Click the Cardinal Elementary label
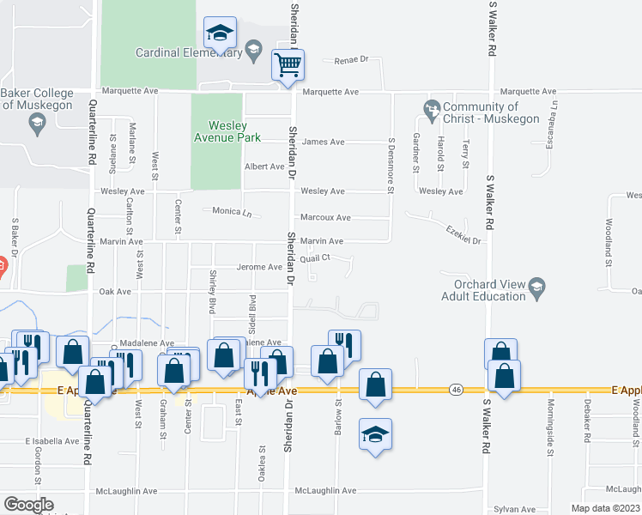(x=189, y=52)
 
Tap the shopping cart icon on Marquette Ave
(x=288, y=65)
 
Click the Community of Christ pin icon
(x=432, y=109)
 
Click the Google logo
(x=28, y=505)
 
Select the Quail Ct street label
(x=315, y=257)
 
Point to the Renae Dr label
(x=352, y=60)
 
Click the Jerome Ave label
(x=259, y=268)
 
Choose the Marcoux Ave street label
(x=325, y=218)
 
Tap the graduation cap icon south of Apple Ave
(x=376, y=434)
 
